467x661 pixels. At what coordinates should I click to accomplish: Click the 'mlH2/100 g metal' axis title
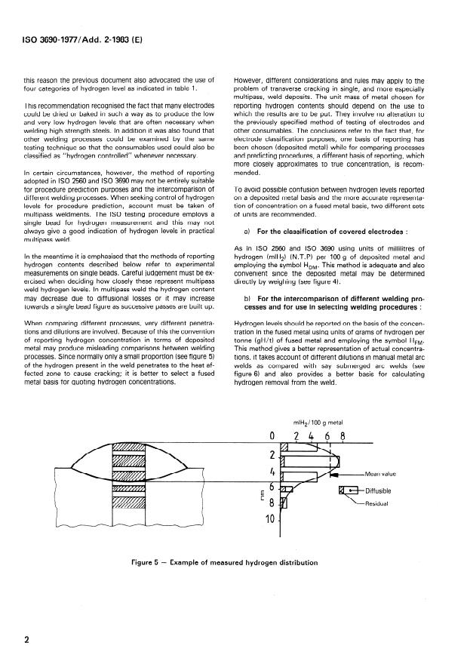(311, 423)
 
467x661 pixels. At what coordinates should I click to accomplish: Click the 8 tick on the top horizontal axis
(343, 437)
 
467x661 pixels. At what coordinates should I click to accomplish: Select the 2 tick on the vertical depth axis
(272, 454)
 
